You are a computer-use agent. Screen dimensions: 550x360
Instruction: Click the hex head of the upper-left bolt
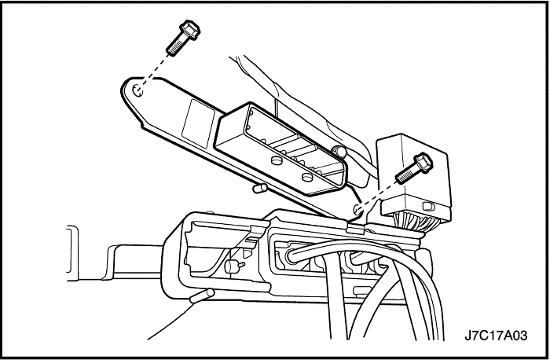tap(189, 29)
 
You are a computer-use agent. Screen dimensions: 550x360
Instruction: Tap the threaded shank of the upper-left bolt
tap(175, 46)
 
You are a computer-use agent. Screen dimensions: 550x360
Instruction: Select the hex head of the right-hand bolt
tap(423, 163)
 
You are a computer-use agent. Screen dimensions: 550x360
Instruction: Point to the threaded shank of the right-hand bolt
tap(407, 174)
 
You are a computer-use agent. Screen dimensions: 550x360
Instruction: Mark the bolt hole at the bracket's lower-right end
tap(357, 209)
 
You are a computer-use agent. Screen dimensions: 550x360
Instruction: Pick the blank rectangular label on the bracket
tap(198, 123)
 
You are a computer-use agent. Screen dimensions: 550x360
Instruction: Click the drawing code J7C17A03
tap(496, 336)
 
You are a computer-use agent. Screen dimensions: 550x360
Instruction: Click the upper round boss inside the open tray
tap(277, 160)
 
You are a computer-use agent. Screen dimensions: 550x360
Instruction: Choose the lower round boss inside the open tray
tap(307, 177)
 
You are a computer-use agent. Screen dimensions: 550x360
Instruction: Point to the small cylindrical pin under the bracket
tap(259, 188)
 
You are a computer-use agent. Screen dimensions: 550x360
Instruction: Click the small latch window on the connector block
tap(429, 206)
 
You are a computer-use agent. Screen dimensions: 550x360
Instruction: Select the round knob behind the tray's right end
tap(339, 151)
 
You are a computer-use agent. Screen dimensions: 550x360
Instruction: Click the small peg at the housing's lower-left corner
tap(202, 296)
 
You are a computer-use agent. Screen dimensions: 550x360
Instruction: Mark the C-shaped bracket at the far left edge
tap(72, 250)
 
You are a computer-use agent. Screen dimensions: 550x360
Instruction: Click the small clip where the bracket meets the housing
tap(355, 227)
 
